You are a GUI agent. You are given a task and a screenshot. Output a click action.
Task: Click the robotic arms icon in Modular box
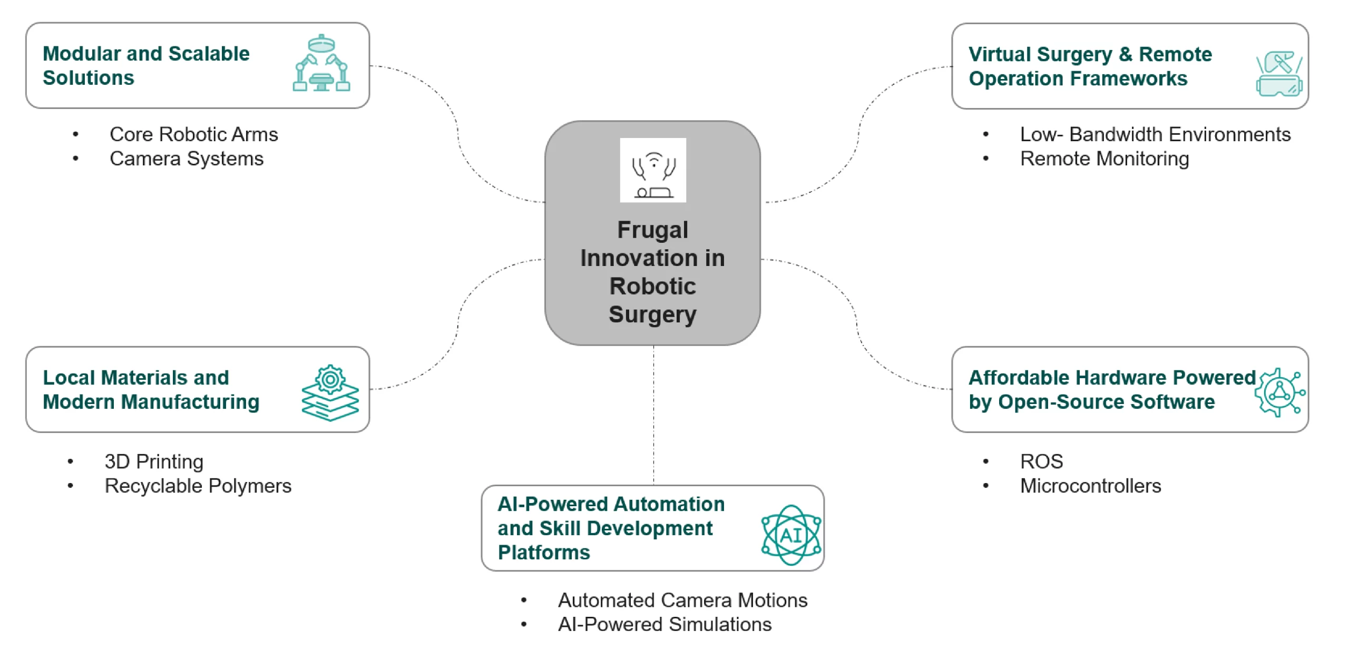[x=321, y=64]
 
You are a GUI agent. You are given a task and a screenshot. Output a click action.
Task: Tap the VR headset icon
[x=1278, y=74]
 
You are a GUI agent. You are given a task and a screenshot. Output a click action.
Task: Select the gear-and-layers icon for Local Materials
[x=330, y=392]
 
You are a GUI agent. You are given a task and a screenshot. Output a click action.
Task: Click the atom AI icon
[x=790, y=535]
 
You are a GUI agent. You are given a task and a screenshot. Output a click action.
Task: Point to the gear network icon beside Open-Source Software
[x=1280, y=392]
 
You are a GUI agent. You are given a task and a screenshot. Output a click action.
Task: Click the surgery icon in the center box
[x=653, y=170]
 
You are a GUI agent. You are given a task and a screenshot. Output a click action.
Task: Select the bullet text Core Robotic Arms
[x=193, y=134]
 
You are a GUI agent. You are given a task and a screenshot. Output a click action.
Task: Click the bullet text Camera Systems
[x=186, y=159]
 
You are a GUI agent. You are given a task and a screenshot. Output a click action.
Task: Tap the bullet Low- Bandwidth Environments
[x=1155, y=134]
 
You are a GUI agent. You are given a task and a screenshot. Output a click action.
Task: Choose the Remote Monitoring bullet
[x=1104, y=159]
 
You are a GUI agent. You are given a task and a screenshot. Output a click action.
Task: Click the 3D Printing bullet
[x=153, y=461]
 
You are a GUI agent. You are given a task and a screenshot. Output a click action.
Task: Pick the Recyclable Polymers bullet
[x=198, y=486]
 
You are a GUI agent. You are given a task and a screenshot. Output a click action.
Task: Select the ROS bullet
[x=1041, y=461]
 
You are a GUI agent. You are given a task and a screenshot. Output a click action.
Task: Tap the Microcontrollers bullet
[x=1090, y=486]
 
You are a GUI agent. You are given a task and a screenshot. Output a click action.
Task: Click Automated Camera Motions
[x=682, y=600]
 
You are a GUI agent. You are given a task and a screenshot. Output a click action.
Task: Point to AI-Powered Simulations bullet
[x=664, y=624]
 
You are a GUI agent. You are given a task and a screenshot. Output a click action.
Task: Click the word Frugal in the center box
[x=652, y=230]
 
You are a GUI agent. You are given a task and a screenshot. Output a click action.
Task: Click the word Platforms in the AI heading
[x=543, y=553]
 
